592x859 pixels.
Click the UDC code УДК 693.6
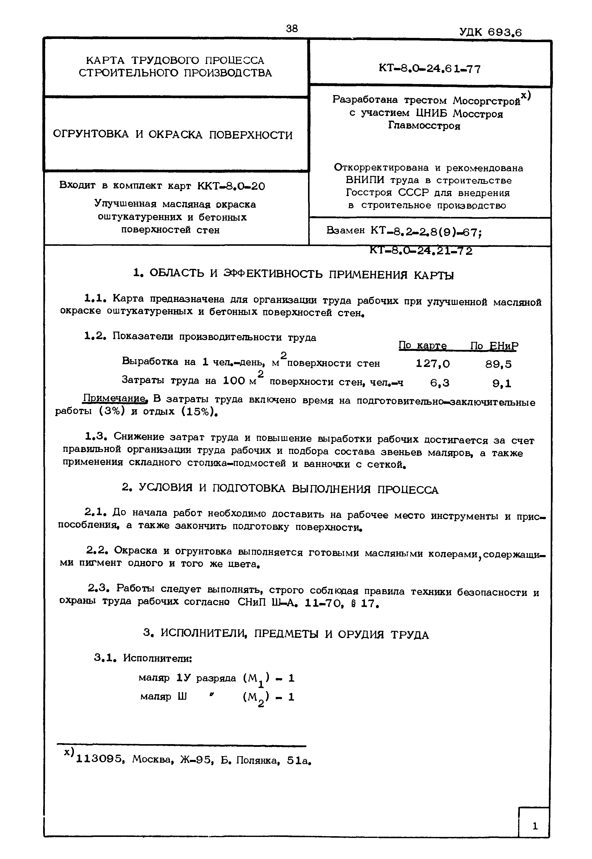[x=490, y=33]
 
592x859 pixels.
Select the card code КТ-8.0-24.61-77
[x=430, y=69]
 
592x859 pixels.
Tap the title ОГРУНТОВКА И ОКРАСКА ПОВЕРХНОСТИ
[x=173, y=135]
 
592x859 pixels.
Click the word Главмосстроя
[x=424, y=126]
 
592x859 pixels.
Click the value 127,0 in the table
[x=433, y=364]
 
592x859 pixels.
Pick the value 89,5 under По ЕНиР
[x=498, y=364]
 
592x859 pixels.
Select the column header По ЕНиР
[x=494, y=346]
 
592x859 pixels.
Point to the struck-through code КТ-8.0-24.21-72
[x=421, y=251]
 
